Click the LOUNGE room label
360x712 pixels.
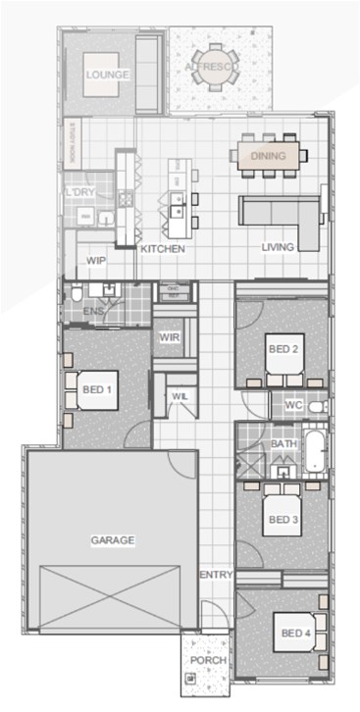click(x=101, y=75)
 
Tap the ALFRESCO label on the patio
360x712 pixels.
click(x=208, y=67)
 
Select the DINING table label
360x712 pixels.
click(x=268, y=156)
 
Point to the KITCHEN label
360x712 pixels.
click(x=163, y=249)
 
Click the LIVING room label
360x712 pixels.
click(x=278, y=247)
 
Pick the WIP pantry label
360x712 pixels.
click(x=96, y=261)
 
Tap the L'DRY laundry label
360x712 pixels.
click(x=80, y=192)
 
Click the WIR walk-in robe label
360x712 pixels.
click(x=168, y=337)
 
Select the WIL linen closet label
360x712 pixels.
click(x=180, y=395)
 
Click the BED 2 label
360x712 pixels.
click(x=283, y=347)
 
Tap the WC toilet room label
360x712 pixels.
click(x=292, y=404)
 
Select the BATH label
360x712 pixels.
click(x=283, y=444)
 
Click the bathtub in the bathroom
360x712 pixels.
click(x=314, y=451)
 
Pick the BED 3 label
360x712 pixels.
click(x=283, y=519)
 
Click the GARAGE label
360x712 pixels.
click(x=113, y=539)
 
